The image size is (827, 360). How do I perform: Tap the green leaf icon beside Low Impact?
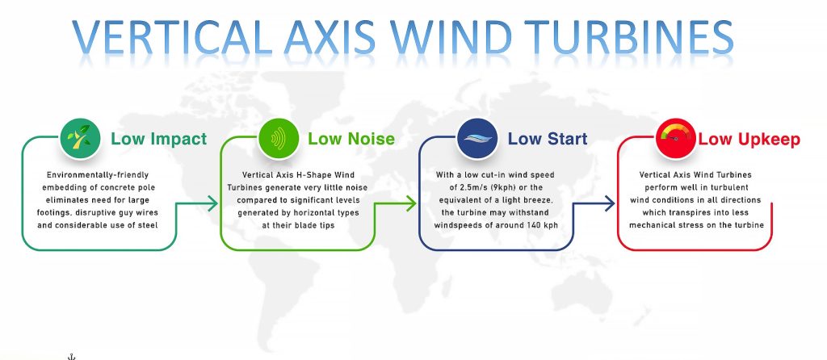click(80, 139)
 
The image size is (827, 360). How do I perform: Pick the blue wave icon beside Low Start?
click(476, 139)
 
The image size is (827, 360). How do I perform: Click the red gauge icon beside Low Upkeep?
click(675, 139)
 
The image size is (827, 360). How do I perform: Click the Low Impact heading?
click(158, 139)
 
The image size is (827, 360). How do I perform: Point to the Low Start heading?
click(547, 139)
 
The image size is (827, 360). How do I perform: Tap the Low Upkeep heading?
click(749, 139)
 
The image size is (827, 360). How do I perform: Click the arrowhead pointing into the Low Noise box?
click(214, 205)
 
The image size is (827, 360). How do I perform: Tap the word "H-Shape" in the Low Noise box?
click(313, 174)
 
